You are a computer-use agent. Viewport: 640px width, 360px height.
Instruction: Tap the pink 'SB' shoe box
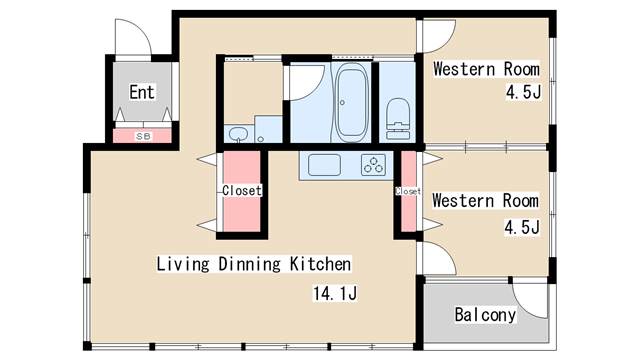144,135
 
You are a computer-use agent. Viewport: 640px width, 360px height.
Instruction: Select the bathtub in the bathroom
350,104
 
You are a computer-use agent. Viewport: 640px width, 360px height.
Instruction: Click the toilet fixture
398,117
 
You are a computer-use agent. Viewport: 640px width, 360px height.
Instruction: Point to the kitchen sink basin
325,164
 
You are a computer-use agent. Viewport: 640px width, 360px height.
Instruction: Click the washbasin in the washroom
237,135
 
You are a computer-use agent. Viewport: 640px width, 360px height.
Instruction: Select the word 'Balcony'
485,315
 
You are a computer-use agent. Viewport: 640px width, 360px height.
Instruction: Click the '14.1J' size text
334,294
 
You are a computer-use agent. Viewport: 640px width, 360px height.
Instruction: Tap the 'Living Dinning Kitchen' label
253,265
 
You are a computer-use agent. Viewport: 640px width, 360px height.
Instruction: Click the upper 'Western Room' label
486,70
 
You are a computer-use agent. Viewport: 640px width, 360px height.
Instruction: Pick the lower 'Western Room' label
486,200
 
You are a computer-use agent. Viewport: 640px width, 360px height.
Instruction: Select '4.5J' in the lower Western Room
521,227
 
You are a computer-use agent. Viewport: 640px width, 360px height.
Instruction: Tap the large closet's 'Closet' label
241,190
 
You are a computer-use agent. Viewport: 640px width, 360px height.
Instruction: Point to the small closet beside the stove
408,190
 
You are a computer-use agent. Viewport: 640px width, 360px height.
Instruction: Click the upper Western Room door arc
434,37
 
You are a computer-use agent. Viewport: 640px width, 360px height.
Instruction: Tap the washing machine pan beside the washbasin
268,129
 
